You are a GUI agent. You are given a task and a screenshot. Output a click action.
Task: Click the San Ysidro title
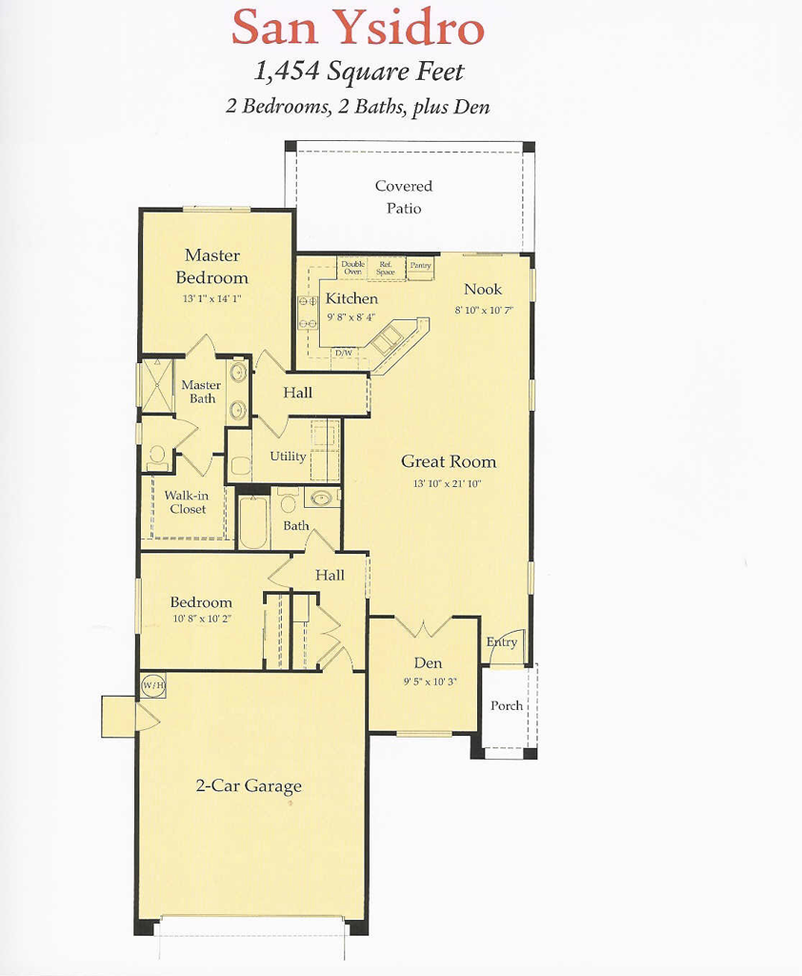(x=357, y=29)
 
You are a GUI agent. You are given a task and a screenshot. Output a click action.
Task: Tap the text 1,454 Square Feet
(x=358, y=72)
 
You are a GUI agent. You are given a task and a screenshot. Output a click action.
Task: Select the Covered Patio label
(x=403, y=197)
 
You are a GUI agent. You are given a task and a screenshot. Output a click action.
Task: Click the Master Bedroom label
(x=211, y=267)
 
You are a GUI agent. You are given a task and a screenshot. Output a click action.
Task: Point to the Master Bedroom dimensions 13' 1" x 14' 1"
(x=211, y=297)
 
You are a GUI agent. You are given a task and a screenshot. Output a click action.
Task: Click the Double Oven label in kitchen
(x=352, y=268)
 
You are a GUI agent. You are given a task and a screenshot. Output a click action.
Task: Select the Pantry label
(x=420, y=266)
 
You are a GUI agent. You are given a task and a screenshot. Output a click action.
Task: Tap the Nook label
(x=482, y=290)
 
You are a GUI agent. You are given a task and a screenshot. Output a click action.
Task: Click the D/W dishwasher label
(x=343, y=354)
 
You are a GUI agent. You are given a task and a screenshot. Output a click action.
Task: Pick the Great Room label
(x=448, y=462)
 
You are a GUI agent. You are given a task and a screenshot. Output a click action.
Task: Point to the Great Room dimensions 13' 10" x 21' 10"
(x=448, y=484)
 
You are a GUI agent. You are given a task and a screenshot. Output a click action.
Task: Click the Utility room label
(x=288, y=457)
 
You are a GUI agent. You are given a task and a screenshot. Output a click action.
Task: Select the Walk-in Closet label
(x=188, y=502)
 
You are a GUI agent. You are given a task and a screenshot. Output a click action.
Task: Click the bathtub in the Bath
(x=252, y=523)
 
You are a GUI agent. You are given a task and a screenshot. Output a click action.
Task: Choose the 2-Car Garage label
(x=249, y=786)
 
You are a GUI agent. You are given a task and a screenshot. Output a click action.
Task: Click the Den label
(x=428, y=663)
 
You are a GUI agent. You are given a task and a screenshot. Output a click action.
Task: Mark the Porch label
(x=506, y=706)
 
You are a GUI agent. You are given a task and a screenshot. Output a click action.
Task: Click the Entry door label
(x=502, y=642)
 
